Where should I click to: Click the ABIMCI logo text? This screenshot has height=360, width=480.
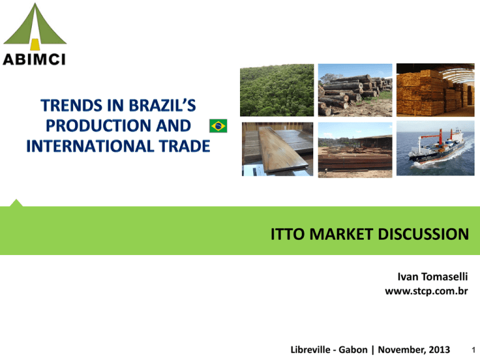tap(34, 59)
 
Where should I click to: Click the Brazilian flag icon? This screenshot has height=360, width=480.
tap(218, 126)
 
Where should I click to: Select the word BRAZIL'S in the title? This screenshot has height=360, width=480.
tap(162, 105)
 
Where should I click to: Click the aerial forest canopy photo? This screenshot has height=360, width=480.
tap(277, 90)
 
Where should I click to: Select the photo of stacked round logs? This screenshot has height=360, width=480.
tap(355, 90)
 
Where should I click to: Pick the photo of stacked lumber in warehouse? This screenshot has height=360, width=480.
tap(435, 90)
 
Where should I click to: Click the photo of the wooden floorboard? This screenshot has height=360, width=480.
tap(277, 149)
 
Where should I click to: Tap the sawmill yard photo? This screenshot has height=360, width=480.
tap(355, 150)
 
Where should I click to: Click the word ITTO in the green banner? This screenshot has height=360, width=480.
tap(287, 234)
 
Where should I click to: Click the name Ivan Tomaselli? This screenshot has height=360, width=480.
tap(432, 277)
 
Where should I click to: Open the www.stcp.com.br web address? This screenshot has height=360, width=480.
tap(426, 291)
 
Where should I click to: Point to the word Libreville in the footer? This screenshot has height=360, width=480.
tap(311, 349)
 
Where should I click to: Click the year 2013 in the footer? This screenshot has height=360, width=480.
tap(439, 349)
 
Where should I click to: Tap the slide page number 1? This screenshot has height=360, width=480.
tap(473, 350)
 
